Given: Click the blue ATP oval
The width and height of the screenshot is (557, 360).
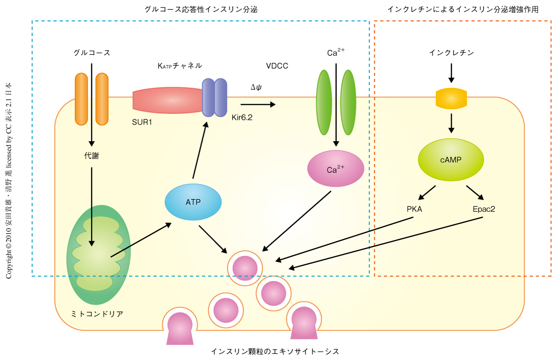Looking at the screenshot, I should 193,202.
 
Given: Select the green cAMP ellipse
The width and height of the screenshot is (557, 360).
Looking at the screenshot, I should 451,160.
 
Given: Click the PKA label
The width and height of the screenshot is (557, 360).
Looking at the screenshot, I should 415,209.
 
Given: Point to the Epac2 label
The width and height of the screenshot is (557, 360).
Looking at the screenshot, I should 484,209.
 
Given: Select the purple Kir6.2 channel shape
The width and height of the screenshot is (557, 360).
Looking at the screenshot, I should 214,97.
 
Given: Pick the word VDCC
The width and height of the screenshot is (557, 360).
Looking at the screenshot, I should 277,66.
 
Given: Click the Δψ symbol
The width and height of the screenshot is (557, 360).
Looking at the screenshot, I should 256,87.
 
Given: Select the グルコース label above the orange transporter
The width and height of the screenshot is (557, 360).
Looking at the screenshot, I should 92,52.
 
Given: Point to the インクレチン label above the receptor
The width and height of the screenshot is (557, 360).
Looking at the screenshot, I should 451,52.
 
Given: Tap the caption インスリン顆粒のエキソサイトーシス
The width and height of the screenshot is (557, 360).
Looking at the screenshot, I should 275,351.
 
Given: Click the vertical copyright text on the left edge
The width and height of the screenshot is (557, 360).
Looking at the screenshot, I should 9,181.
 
